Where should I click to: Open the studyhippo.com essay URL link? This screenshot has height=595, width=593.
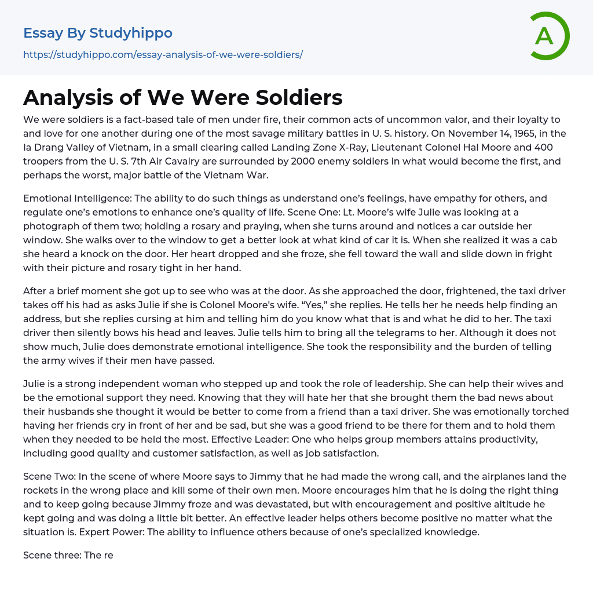pyautogui.click(x=163, y=54)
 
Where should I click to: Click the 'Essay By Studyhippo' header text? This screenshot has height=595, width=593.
pyautogui.click(x=98, y=33)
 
